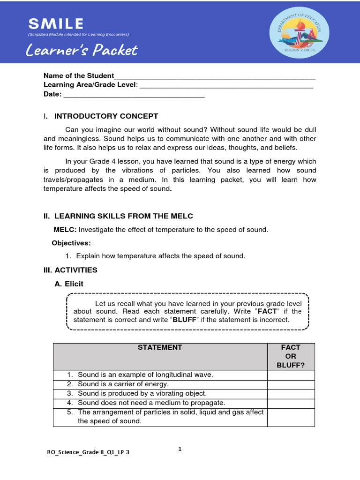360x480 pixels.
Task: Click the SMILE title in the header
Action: (x=56, y=23)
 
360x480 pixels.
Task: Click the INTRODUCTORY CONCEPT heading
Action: (x=106, y=116)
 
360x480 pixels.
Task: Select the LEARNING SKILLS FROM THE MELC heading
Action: (x=123, y=216)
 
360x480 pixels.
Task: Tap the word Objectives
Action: (x=71, y=243)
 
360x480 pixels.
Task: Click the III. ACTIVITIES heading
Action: (x=70, y=270)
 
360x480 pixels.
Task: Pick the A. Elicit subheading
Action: (x=69, y=284)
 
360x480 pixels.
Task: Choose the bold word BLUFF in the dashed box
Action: (x=184, y=320)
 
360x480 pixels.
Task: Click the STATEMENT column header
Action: (x=160, y=348)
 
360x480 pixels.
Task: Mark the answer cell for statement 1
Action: (x=291, y=375)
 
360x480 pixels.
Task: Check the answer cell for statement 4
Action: (x=291, y=403)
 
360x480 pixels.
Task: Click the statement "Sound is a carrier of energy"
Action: (x=123, y=384)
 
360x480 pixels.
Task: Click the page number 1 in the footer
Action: (x=180, y=449)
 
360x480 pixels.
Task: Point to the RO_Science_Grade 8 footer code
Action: (x=88, y=453)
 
